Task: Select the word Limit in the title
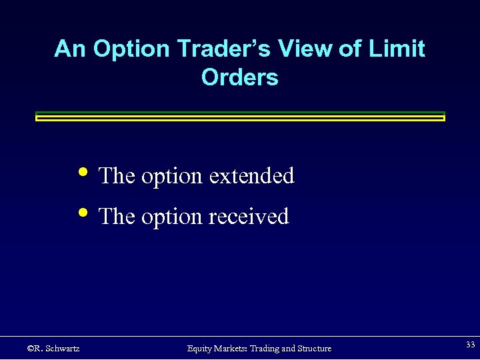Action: coord(400,49)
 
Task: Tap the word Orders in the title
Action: coord(239,78)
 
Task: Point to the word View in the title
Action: coord(312,49)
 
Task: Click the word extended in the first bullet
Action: coord(251,176)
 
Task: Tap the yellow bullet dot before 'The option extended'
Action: coord(83,171)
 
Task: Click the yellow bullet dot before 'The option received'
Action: coord(83,213)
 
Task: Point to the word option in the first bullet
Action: coord(171,177)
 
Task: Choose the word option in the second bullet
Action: coord(171,217)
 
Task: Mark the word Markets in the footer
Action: coord(231,349)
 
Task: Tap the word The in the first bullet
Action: coord(117,176)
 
